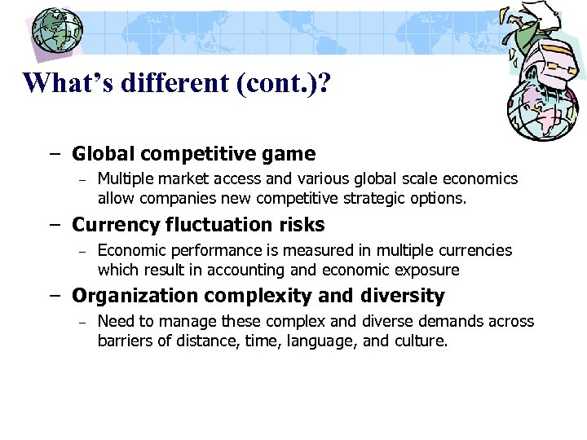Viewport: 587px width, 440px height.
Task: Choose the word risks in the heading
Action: click(x=301, y=225)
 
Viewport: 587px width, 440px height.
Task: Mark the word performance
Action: click(x=210, y=250)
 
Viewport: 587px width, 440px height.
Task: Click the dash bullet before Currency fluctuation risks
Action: click(x=54, y=226)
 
